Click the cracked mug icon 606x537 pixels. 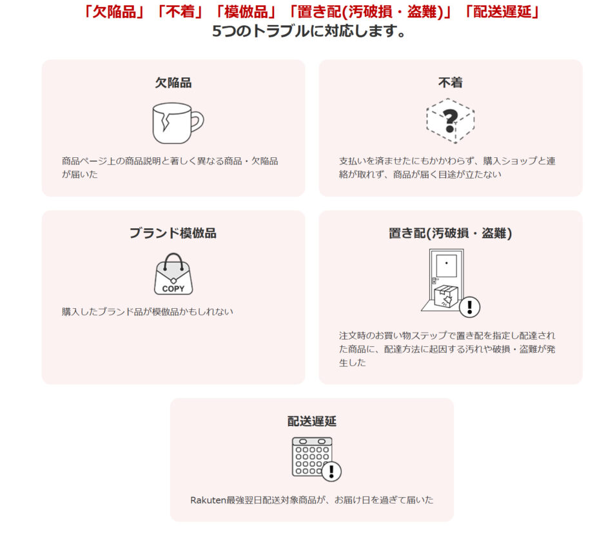[x=178, y=123]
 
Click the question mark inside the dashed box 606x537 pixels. [x=450, y=121]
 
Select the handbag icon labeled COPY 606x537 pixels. [x=173, y=274]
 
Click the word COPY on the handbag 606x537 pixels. [x=173, y=289]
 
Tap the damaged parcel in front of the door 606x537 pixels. [x=446, y=297]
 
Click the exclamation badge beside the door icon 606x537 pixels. [x=469, y=307]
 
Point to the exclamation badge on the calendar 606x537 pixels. [x=331, y=471]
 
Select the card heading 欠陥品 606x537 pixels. [x=173, y=83]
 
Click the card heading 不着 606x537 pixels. [x=450, y=83]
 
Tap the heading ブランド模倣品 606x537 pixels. [x=173, y=233]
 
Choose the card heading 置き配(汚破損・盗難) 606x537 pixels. [x=450, y=233]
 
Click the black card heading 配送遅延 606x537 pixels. [x=312, y=421]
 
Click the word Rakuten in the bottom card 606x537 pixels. [x=208, y=500]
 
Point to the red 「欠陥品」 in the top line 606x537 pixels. [x=113, y=12]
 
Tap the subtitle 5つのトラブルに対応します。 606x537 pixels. [x=309, y=32]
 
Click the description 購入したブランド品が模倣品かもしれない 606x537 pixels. [x=148, y=312]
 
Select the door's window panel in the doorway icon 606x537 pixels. [x=446, y=266]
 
